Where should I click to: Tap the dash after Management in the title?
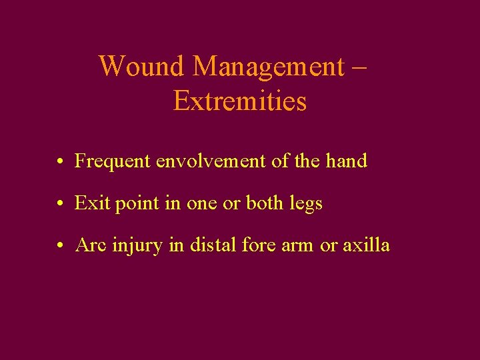(x=361, y=67)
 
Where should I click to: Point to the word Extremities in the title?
(x=240, y=101)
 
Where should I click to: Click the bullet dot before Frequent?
(x=60, y=162)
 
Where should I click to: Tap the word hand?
(x=346, y=161)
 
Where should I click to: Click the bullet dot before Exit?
(x=60, y=204)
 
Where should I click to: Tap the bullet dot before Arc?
(x=60, y=246)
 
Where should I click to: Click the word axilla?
(x=366, y=245)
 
